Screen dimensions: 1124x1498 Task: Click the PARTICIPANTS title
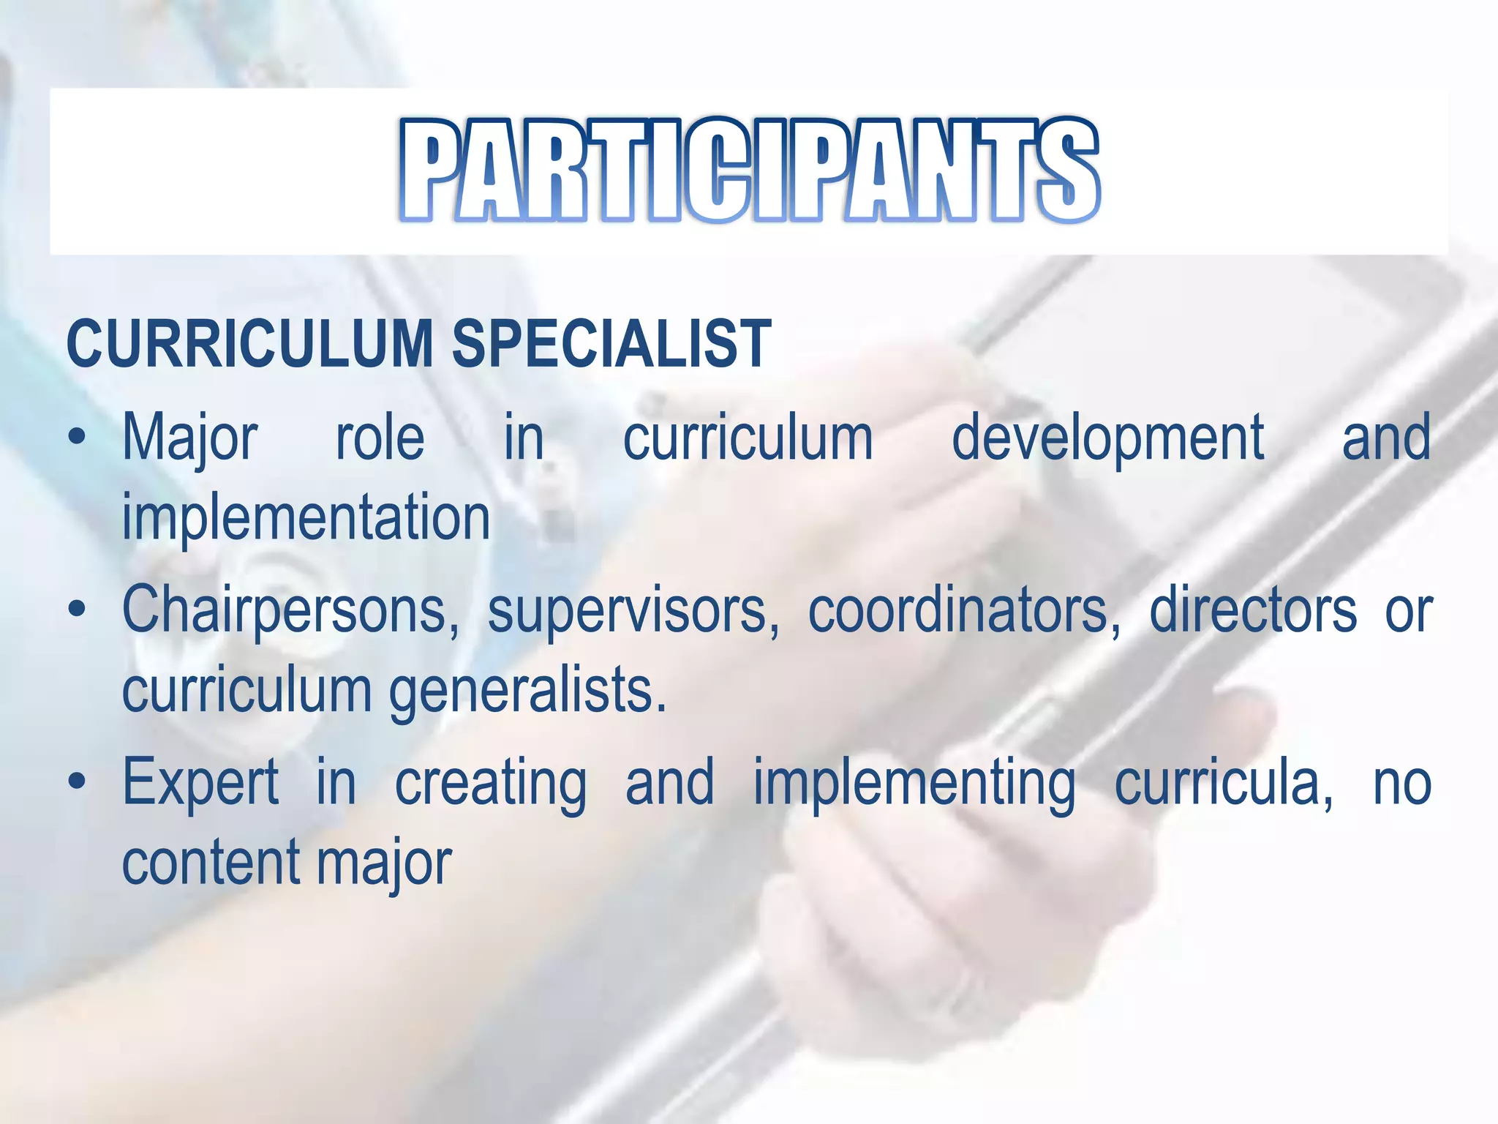[749, 170]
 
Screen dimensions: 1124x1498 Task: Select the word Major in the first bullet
[189, 439]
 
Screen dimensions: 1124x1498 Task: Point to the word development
[1107, 439]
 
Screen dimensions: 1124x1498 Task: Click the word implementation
[306, 517]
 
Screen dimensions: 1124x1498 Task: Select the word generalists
[527, 690]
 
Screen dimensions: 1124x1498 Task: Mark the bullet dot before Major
[77, 438]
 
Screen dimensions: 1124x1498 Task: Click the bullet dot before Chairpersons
[77, 610]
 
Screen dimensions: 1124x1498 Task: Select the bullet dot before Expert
[77, 782]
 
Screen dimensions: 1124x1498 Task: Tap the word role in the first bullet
[380, 439]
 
